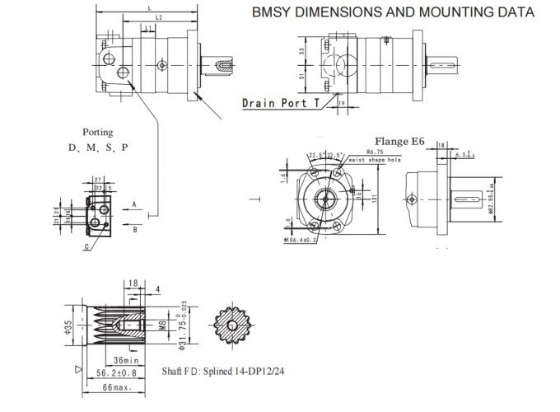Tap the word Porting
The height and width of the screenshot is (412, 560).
(x=97, y=132)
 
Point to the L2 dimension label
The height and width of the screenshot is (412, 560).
(x=157, y=16)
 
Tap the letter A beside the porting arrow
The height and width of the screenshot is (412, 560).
(x=134, y=202)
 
